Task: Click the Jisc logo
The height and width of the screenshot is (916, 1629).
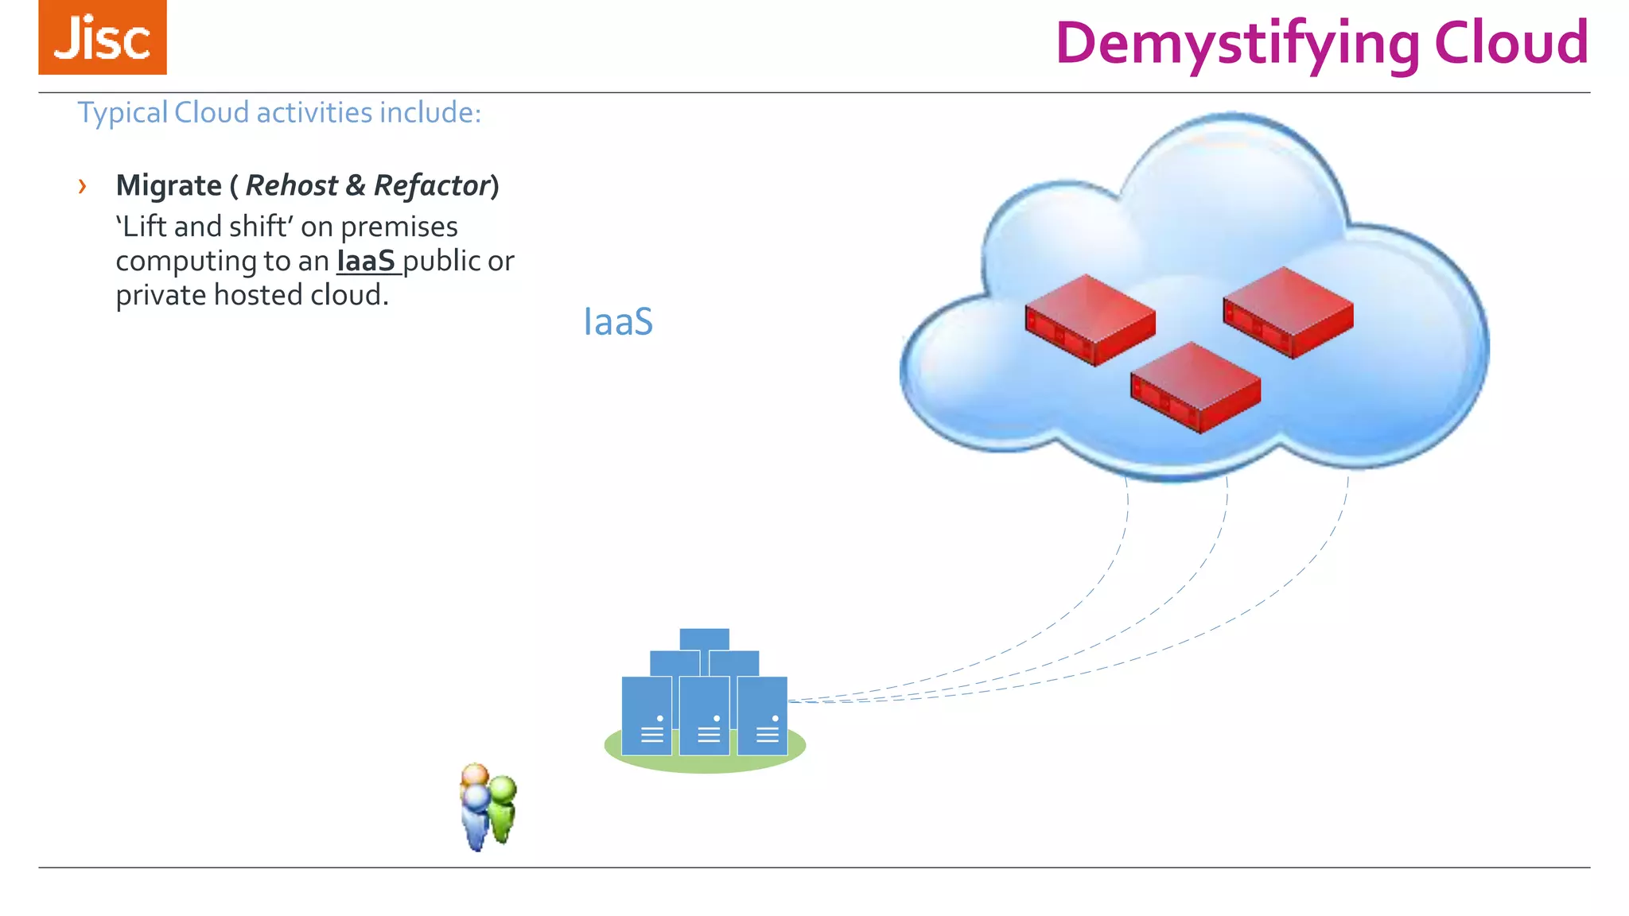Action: [103, 37]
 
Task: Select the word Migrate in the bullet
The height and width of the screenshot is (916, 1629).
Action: [169, 186]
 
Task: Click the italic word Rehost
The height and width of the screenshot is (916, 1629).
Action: [291, 186]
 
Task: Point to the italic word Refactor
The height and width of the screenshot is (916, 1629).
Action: [431, 186]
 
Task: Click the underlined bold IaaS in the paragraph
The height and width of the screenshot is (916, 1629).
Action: [366, 262]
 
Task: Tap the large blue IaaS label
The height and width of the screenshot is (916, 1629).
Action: [618, 322]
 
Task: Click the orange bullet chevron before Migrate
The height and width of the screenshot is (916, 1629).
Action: [82, 187]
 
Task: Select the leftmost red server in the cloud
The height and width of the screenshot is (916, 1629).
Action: [1090, 320]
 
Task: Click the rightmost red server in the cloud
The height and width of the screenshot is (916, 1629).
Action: [1288, 312]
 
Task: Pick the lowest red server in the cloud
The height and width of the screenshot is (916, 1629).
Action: [1196, 387]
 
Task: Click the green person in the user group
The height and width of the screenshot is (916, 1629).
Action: [502, 808]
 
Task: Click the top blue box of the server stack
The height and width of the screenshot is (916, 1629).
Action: [704, 639]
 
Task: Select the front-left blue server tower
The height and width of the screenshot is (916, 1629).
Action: [646, 716]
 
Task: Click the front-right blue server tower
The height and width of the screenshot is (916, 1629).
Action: [762, 716]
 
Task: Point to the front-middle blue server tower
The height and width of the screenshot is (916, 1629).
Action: [704, 716]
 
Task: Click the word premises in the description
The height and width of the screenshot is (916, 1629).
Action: [399, 227]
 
